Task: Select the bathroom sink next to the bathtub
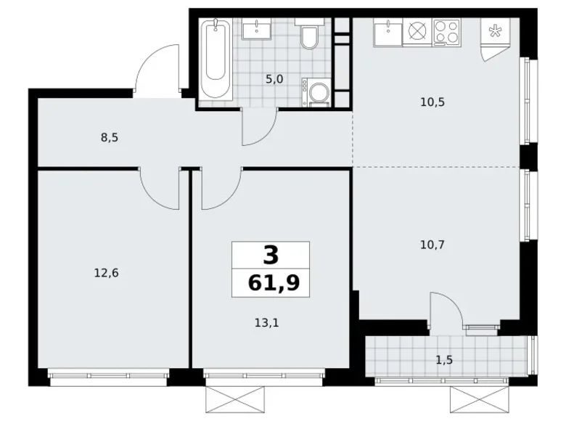(257, 30)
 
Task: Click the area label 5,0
(274, 79)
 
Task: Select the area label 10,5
(432, 102)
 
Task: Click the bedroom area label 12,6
(107, 273)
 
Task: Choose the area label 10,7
(432, 245)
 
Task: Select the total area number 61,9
(270, 282)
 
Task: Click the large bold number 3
(270, 255)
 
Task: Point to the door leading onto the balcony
(446, 309)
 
